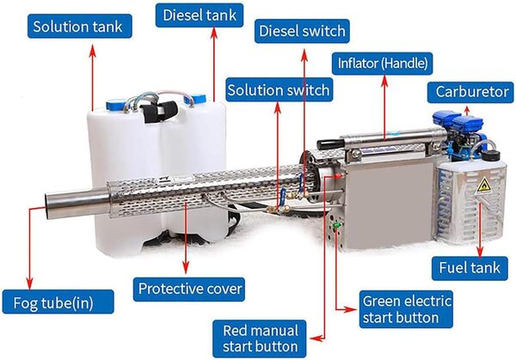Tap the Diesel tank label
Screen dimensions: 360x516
click(197, 15)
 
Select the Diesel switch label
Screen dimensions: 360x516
click(303, 32)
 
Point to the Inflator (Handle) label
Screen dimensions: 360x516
click(380, 62)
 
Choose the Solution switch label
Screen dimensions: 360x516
click(278, 89)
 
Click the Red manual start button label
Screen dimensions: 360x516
click(261, 338)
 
